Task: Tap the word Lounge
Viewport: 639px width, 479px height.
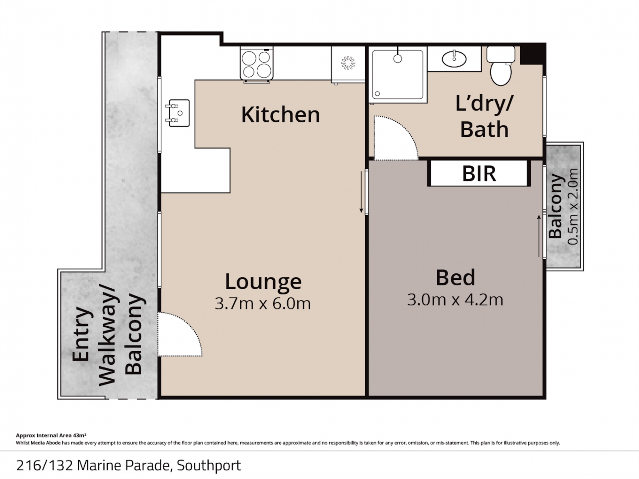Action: [x=263, y=281]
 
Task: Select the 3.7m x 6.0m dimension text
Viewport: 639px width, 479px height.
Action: [x=262, y=303]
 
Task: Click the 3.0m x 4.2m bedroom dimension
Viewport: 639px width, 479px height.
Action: [x=455, y=300]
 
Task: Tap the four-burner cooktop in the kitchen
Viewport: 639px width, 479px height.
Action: [x=257, y=64]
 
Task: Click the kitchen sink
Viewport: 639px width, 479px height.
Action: [x=178, y=113]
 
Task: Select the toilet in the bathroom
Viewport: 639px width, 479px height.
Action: [x=501, y=66]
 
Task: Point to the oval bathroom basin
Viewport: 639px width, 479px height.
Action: [x=454, y=59]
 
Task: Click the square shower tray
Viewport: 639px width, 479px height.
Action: [x=398, y=74]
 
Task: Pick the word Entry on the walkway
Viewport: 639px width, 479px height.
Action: [x=80, y=334]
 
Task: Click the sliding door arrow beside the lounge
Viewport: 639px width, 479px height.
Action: [x=361, y=192]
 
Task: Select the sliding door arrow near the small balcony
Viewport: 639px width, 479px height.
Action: [x=539, y=236]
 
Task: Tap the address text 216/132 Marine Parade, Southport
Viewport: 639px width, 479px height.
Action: [x=129, y=466]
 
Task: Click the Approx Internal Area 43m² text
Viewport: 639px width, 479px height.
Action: [x=51, y=435]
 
